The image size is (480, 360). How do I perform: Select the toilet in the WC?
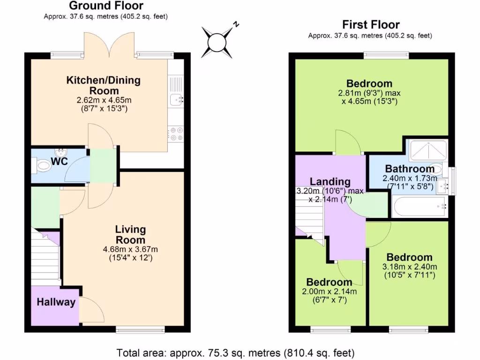(x=43, y=165)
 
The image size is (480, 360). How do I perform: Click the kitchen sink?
(x=177, y=99)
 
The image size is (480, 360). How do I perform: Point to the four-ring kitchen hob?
(x=177, y=134)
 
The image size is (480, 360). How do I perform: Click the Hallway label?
(x=56, y=302)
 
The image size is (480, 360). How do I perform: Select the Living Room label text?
(x=130, y=234)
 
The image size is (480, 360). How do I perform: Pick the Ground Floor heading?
(x=106, y=6)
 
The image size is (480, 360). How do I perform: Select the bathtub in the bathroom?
(x=419, y=206)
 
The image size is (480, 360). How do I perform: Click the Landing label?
(x=330, y=181)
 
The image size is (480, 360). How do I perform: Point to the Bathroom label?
(x=410, y=169)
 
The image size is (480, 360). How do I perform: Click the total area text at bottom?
(x=235, y=352)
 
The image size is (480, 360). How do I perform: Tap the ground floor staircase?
(x=46, y=255)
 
